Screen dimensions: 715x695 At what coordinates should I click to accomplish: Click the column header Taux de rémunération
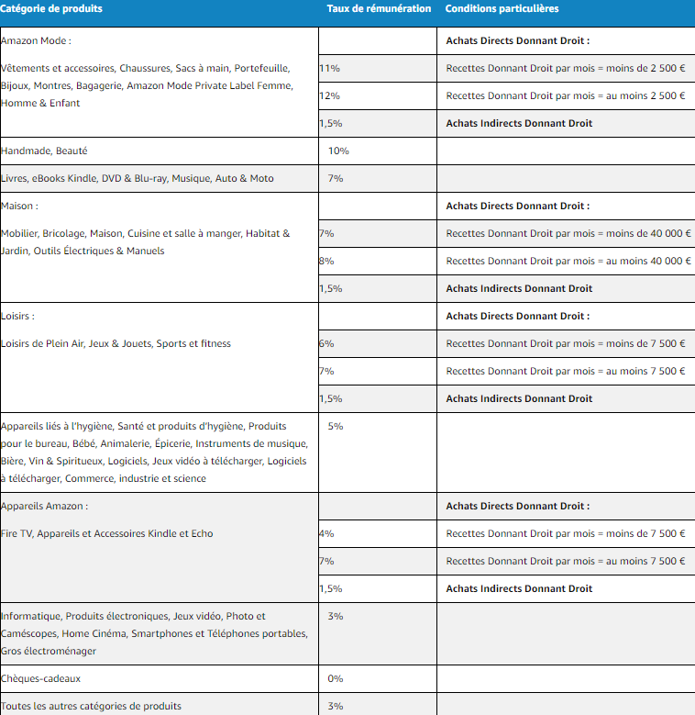[379, 9]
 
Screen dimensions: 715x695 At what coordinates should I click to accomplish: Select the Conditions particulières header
[502, 9]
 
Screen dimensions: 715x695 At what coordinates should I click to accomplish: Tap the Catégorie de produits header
[52, 9]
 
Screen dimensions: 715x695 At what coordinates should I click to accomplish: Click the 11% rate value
[330, 69]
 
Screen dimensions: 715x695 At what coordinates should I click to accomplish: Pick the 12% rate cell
[330, 96]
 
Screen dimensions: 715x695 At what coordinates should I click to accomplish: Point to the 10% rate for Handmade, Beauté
[338, 151]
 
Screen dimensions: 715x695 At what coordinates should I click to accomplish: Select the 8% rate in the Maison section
[327, 261]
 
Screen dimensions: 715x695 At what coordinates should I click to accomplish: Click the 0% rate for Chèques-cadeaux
[336, 678]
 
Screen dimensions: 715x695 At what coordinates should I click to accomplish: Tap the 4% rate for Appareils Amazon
[327, 533]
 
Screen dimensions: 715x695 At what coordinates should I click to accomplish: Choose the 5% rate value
[336, 426]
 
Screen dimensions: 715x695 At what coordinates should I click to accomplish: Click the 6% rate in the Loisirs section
[327, 343]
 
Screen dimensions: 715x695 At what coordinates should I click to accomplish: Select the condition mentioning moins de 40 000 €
[568, 233]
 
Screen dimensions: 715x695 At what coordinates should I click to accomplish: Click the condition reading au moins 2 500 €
[566, 96]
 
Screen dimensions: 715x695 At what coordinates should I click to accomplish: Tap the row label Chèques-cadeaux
[41, 678]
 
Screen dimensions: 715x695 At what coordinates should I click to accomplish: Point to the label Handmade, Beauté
[45, 151]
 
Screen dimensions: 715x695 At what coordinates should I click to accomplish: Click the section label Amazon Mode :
[37, 40]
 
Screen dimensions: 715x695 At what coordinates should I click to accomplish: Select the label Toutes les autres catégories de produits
[92, 706]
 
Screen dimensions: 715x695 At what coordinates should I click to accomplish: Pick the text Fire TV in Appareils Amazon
[17, 533]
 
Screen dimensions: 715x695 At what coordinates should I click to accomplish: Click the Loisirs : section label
[18, 316]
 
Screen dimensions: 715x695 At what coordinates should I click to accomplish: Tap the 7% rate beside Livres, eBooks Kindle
[336, 178]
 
